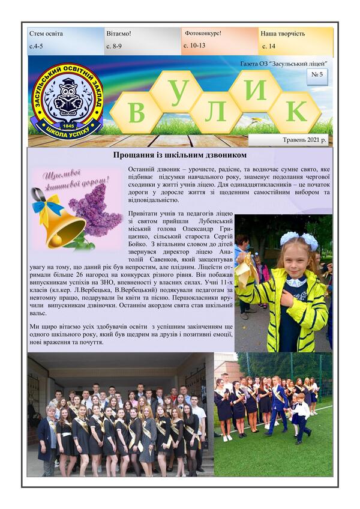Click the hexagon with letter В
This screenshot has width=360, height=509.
click(x=136, y=112)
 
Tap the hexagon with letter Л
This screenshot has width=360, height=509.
click(x=215, y=112)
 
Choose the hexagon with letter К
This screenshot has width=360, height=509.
click(x=295, y=112)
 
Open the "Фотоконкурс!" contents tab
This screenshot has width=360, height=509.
click(x=220, y=40)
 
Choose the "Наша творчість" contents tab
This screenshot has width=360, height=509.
click(x=296, y=40)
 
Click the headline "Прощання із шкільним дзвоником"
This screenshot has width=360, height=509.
click(x=179, y=155)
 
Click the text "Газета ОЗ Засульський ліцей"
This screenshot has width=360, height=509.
click(x=283, y=63)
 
